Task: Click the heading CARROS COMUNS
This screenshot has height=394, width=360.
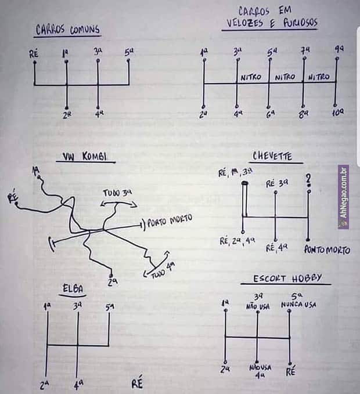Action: point(67,30)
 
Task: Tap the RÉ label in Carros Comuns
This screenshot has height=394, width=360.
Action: point(34,55)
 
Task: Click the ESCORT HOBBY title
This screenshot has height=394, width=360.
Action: point(287,278)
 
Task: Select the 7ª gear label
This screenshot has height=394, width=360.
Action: point(304,51)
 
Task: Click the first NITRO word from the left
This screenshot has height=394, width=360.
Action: point(251,77)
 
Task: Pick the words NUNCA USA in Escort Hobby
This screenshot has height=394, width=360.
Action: point(298,305)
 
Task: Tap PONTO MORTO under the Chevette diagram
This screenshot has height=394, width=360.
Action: point(327,250)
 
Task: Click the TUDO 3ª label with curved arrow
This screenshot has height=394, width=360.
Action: point(118,193)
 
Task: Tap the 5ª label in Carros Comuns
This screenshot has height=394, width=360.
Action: point(129,52)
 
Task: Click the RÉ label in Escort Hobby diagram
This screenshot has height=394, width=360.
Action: point(290,371)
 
